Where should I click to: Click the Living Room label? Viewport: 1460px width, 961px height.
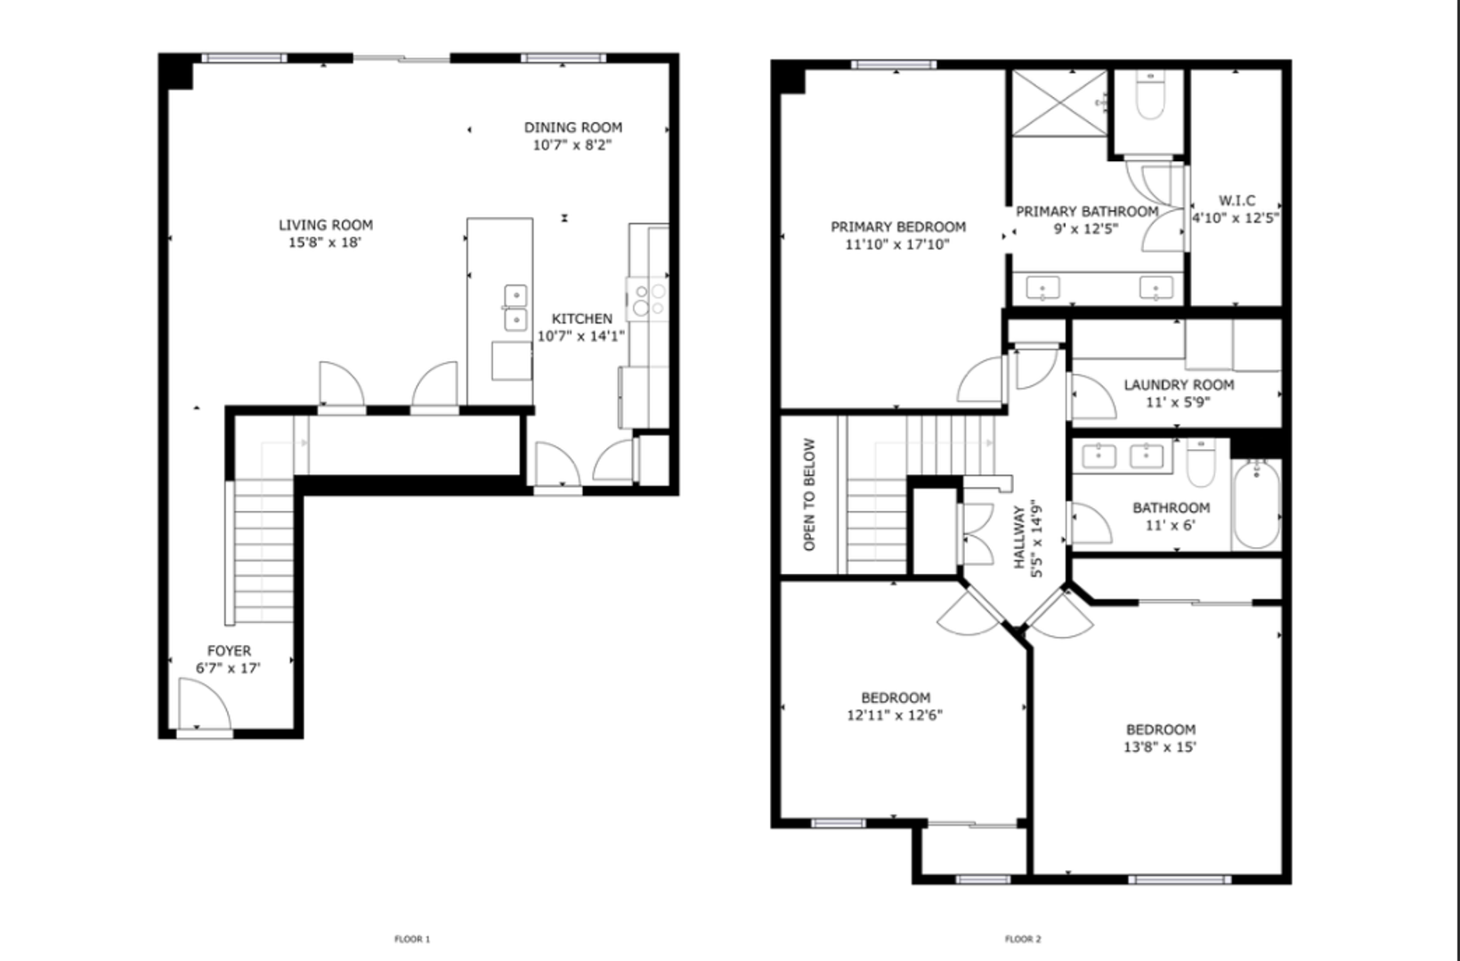(x=326, y=225)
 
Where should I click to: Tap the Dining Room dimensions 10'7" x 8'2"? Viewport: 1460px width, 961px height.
(x=572, y=145)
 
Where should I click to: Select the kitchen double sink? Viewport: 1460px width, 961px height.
(x=515, y=308)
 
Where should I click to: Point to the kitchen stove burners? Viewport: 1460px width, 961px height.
(x=648, y=299)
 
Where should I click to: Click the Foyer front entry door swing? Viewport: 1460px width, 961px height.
(x=204, y=704)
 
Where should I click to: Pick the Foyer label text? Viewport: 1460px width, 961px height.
(x=229, y=650)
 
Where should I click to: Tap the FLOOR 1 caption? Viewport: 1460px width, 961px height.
(x=412, y=939)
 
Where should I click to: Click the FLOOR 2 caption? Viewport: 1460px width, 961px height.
(x=1023, y=939)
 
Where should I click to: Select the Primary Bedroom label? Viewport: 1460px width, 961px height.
(x=898, y=228)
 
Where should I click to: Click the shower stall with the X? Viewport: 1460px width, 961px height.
(x=1059, y=103)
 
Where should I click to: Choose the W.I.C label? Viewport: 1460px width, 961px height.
(x=1237, y=201)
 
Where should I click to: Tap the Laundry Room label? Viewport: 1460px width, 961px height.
(x=1179, y=385)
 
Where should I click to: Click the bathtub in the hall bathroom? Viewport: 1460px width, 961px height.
(x=1257, y=505)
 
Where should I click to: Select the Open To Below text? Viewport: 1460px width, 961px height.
(x=809, y=495)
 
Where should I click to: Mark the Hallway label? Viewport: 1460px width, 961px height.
(x=1019, y=537)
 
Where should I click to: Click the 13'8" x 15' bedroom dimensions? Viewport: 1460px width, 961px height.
(x=1160, y=747)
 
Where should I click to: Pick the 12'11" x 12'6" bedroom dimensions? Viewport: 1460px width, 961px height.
(x=895, y=715)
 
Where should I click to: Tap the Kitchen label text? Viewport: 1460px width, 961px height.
(x=582, y=319)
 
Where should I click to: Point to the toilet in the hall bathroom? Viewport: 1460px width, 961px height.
(x=1201, y=463)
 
